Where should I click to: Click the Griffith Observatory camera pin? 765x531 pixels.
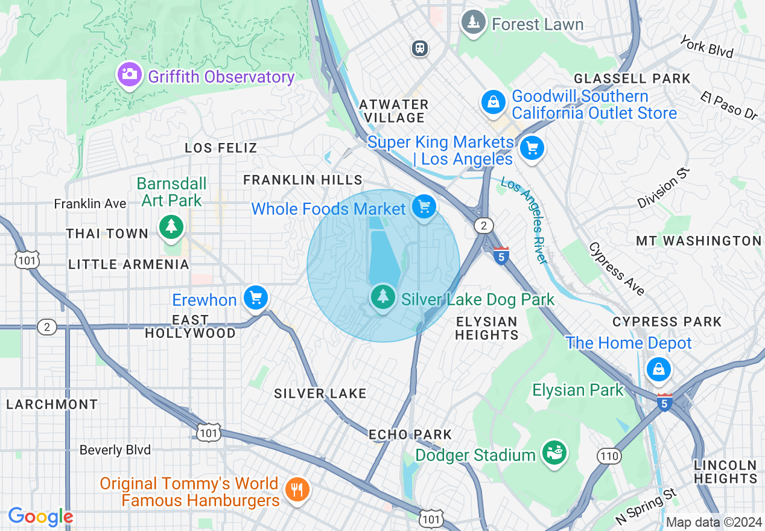click(x=129, y=75)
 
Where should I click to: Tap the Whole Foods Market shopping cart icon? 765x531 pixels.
click(x=424, y=207)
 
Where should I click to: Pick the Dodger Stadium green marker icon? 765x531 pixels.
click(x=553, y=452)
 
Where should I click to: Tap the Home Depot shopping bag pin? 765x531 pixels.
click(x=658, y=369)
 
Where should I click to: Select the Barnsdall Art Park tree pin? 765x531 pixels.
click(x=172, y=227)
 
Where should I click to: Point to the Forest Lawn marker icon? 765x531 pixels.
click(x=474, y=22)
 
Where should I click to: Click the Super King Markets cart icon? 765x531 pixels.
click(x=532, y=147)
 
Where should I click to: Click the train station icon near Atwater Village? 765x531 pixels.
click(x=420, y=48)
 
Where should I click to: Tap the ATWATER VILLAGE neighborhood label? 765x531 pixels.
click(x=394, y=111)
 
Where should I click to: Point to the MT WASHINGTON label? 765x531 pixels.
click(x=699, y=241)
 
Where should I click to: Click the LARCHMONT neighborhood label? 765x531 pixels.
click(x=52, y=404)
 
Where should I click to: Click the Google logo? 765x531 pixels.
click(x=40, y=517)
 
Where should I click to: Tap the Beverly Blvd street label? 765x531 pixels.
click(x=115, y=450)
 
